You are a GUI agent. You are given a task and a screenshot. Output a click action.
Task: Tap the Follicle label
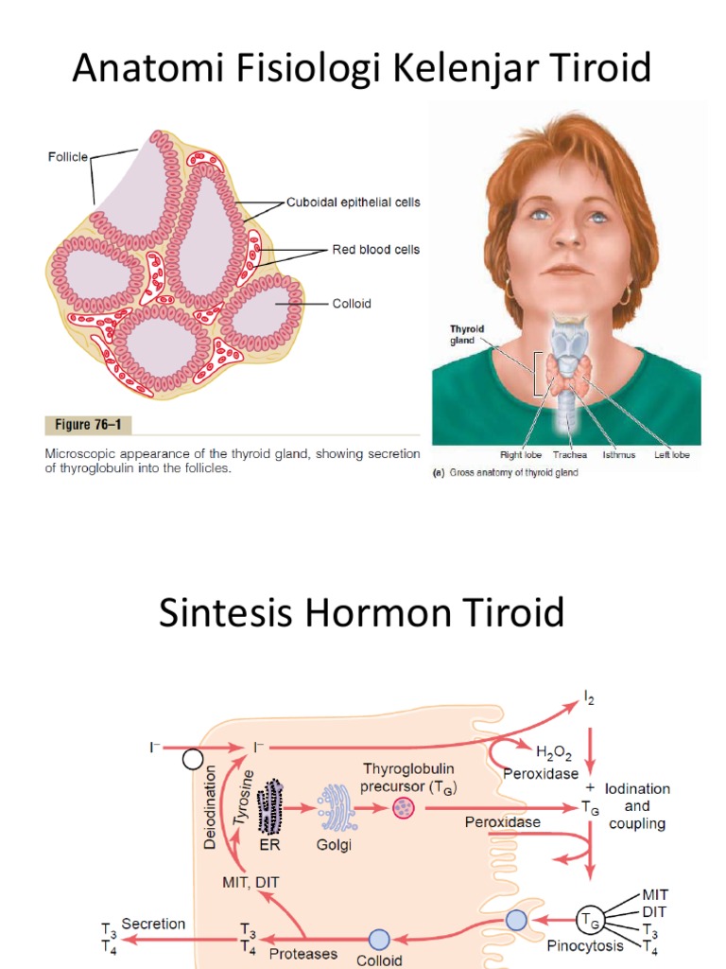68,157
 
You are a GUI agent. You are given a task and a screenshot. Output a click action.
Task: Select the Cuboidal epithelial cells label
354,203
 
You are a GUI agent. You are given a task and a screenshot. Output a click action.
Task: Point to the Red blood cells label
375,250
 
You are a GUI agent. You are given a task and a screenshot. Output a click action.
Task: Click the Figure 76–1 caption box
88,425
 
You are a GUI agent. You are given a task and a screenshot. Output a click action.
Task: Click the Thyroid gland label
466,334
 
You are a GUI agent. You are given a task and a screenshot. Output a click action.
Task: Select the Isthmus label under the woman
618,455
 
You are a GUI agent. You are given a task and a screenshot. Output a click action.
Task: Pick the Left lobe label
672,455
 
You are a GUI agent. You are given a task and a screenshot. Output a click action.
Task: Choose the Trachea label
570,455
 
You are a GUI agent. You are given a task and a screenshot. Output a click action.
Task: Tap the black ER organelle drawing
270,806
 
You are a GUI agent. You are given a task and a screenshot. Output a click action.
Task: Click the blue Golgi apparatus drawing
337,808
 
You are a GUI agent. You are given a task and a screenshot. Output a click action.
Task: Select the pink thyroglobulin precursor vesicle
404,808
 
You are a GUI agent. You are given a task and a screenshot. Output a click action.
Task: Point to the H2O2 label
554,752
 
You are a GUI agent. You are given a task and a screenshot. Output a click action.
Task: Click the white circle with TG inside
589,921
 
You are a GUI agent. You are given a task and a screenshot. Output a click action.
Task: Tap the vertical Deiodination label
210,807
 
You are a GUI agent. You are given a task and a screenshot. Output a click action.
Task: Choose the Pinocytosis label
584,946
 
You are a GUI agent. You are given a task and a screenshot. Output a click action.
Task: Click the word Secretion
153,924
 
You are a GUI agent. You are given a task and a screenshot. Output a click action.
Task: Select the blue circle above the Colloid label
379,940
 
